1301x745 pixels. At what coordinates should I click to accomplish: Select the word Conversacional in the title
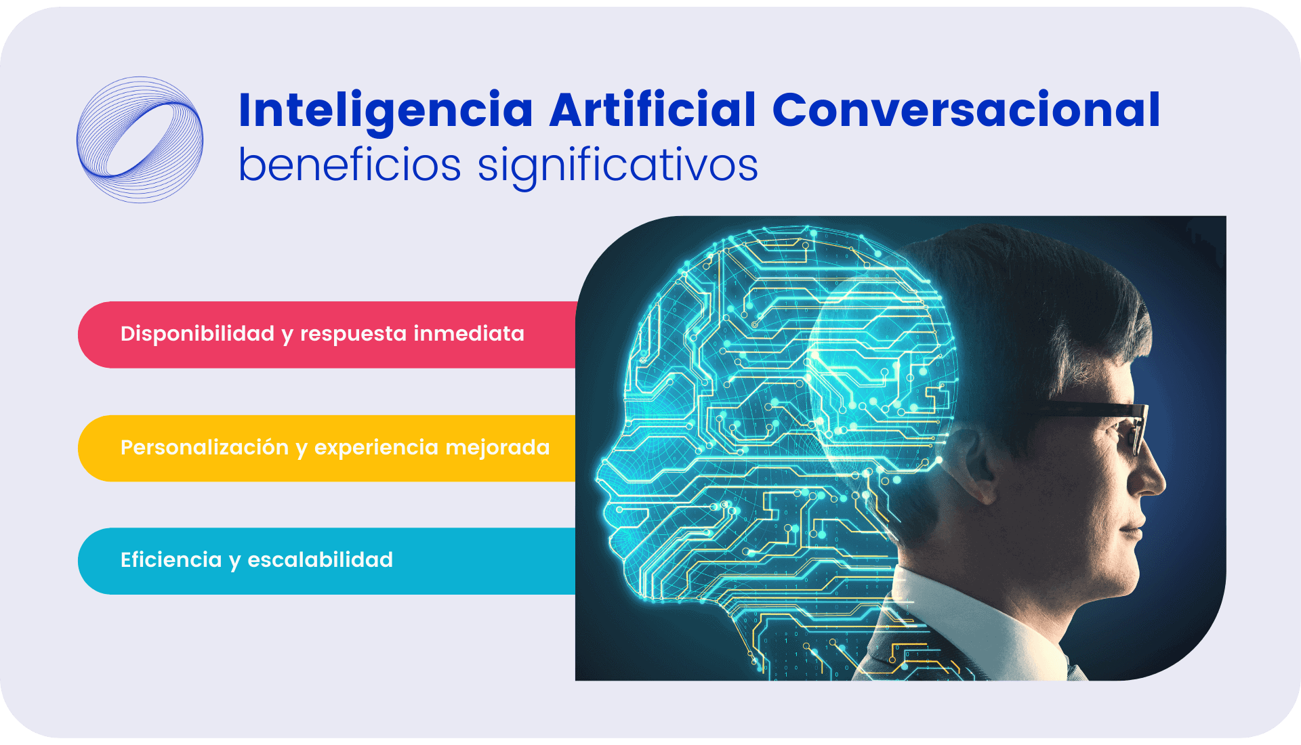pos(966,110)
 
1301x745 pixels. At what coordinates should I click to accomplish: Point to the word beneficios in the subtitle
pos(350,165)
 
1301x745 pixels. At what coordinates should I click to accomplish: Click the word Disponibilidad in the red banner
pos(197,333)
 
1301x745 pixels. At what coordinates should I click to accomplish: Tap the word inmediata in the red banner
pos(469,333)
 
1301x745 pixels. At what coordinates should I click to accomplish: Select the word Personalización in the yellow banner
pos(205,448)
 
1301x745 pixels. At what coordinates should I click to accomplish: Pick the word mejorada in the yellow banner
pos(498,448)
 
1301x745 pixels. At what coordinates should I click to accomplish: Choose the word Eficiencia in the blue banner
pos(171,559)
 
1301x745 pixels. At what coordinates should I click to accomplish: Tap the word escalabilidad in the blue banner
pos(320,559)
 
